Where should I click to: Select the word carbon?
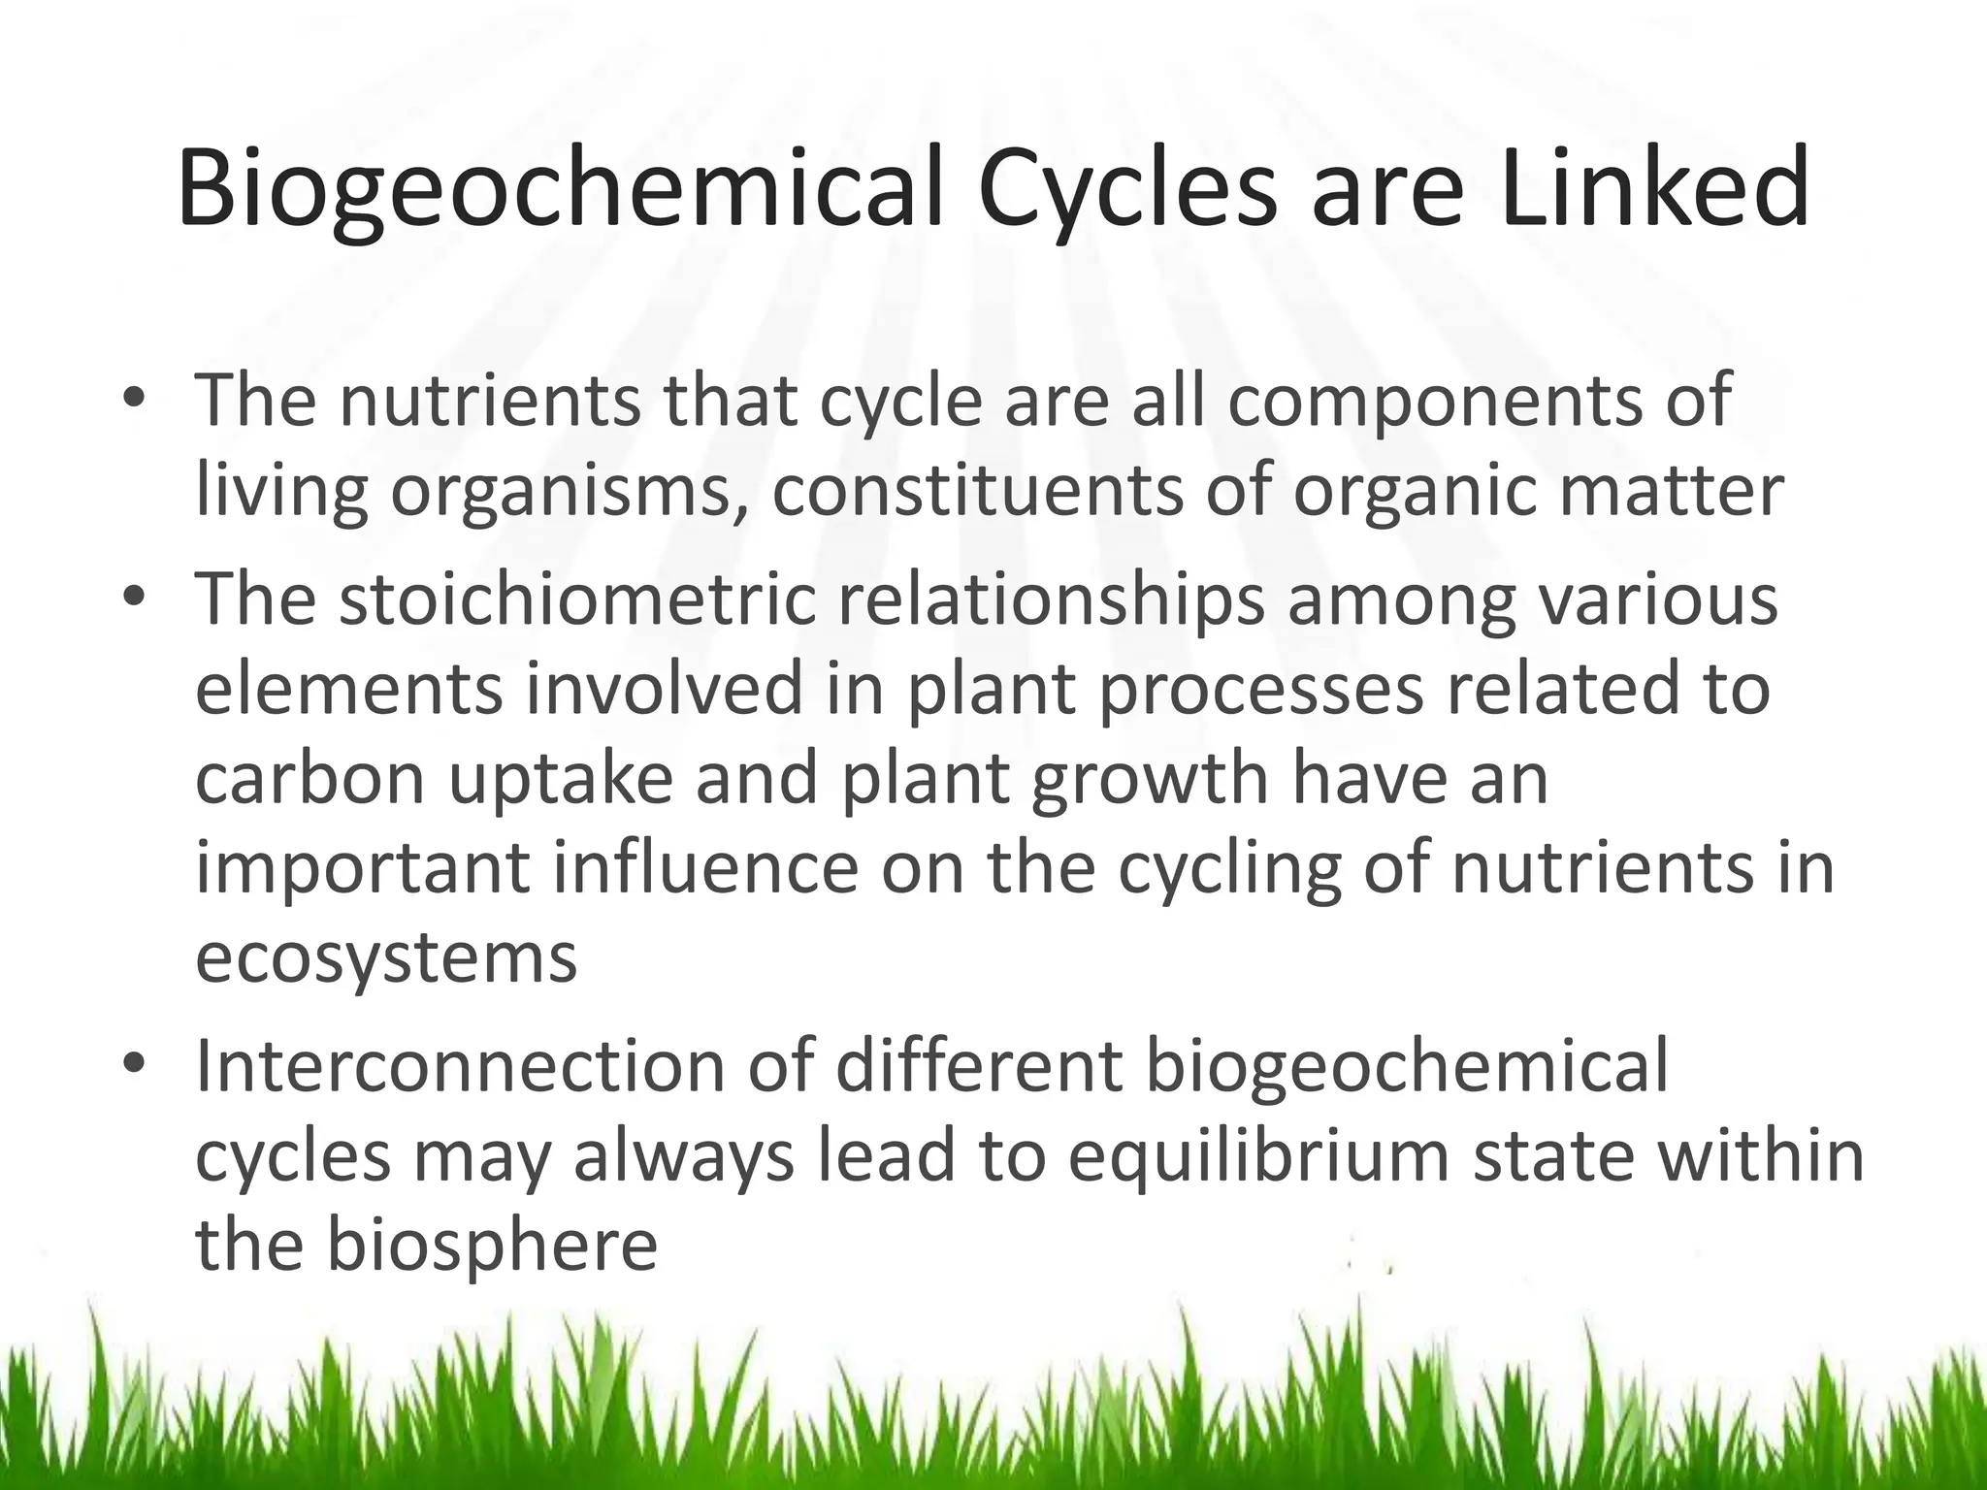pos(310,778)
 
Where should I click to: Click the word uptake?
pos(560,780)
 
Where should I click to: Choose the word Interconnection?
pos(460,1065)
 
